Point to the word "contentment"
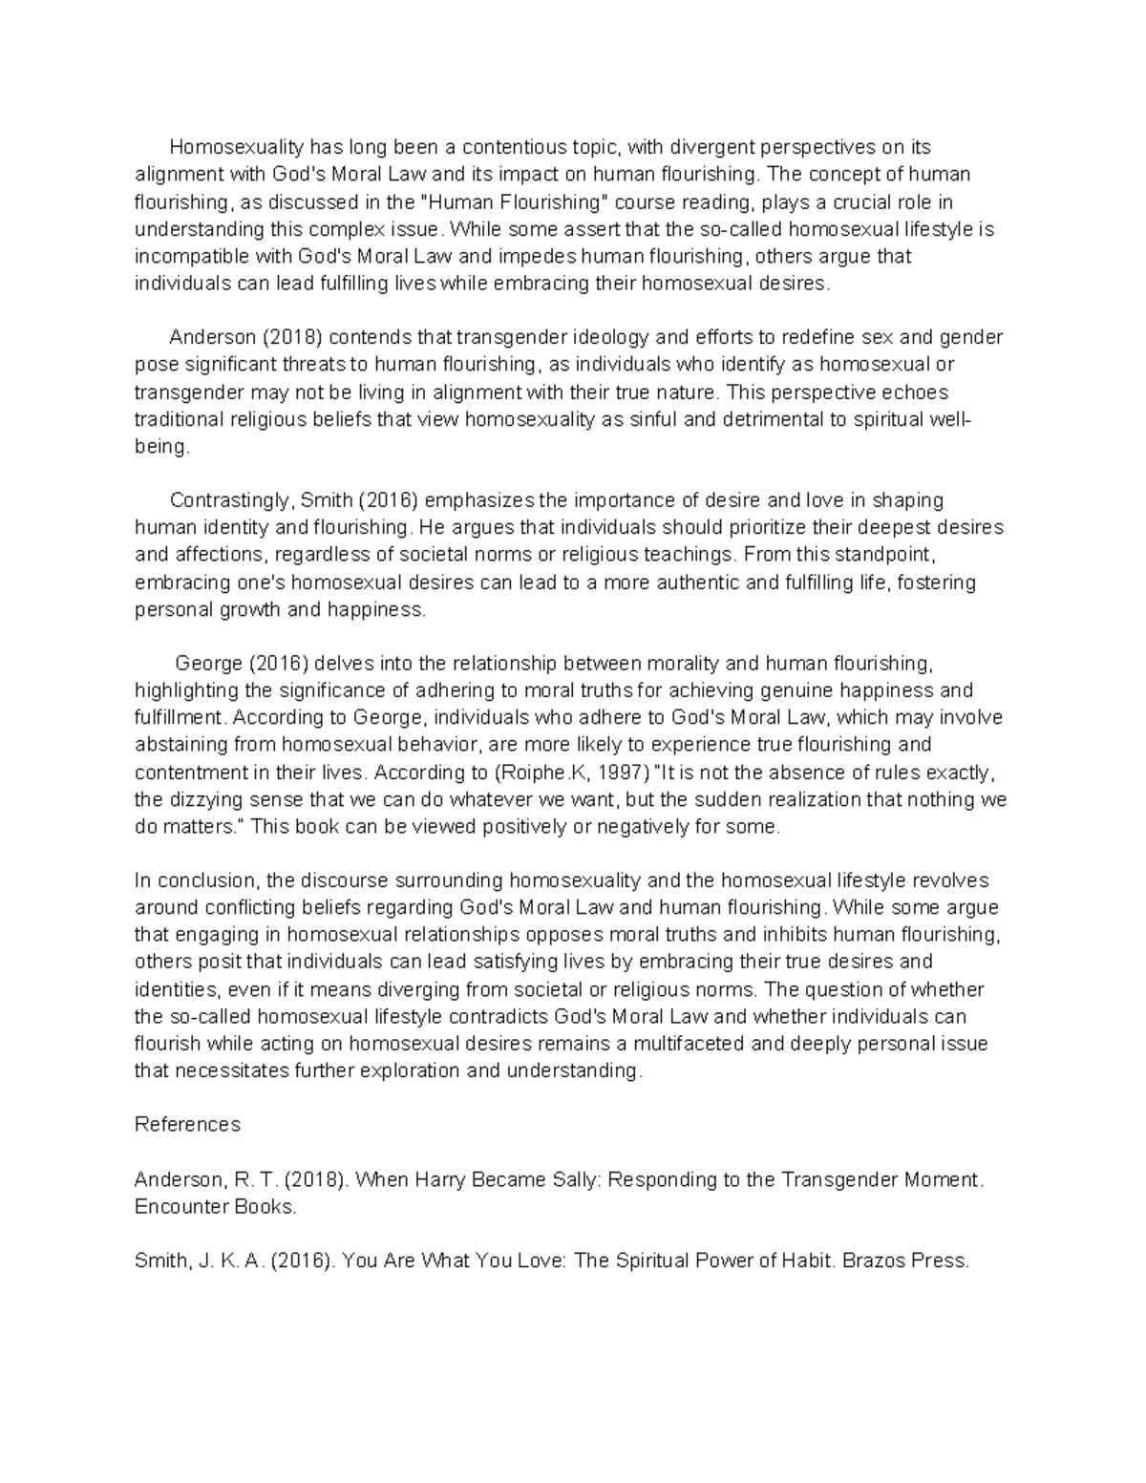coord(194,772)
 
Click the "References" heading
coord(187,1125)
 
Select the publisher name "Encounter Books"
coord(215,1206)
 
